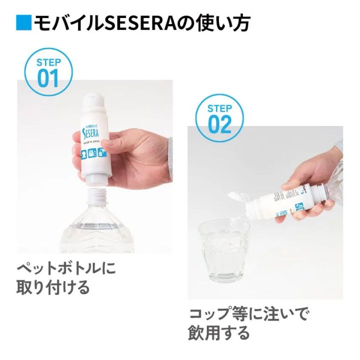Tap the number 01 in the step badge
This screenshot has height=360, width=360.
click(48, 78)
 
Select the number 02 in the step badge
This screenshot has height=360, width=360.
click(220, 124)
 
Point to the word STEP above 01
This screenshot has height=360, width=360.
click(48, 63)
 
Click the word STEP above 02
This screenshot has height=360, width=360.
click(220, 108)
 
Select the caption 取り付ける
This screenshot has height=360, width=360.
click(53, 288)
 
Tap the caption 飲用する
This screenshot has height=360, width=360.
click(218, 332)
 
